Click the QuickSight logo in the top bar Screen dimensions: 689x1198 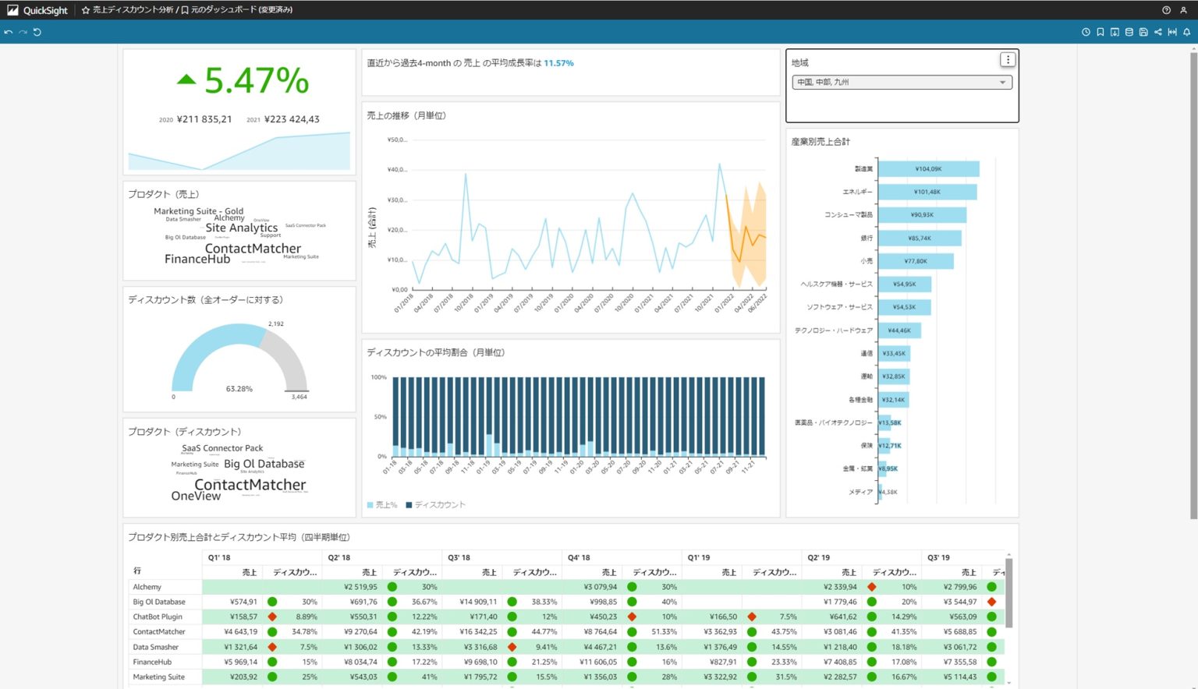pos(37,10)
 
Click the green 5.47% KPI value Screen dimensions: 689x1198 pos(257,80)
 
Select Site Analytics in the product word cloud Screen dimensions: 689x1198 pos(242,228)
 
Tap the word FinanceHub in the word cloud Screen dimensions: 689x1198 pos(197,259)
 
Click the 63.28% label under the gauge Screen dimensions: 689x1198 pos(239,388)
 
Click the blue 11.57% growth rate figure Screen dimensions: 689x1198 pos(558,63)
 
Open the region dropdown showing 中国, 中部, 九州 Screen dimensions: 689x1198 pos(902,82)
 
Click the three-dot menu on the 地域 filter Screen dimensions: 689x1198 pos(1008,60)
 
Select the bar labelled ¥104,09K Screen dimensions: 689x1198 pos(928,169)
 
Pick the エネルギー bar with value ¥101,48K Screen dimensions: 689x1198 pos(927,192)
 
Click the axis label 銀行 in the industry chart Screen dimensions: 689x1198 pos(867,238)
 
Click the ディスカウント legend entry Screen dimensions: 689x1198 pos(439,505)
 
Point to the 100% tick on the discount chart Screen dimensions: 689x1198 pos(379,377)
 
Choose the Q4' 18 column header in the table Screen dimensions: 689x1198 pos(579,557)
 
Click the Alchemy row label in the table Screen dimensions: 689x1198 pos(147,587)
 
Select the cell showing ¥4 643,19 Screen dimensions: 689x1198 pos(240,632)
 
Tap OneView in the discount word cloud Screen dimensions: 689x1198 pos(196,496)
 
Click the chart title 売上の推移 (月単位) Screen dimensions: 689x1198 pos(406,115)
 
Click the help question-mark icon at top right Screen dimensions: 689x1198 pos(1166,10)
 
